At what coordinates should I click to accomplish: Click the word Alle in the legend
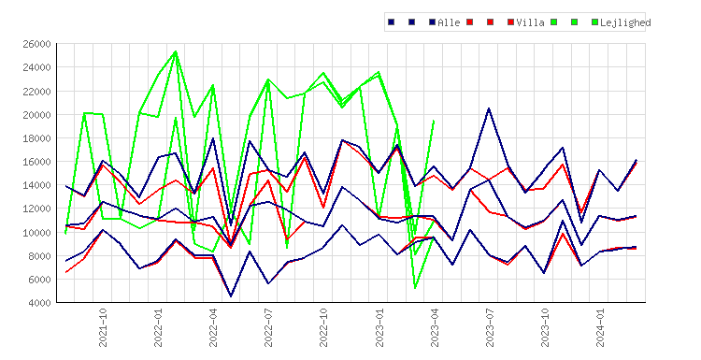tap(449, 22)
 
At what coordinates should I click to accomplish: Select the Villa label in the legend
tap(530, 22)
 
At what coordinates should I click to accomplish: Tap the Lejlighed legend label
tap(625, 22)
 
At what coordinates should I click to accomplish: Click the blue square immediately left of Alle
tap(433, 22)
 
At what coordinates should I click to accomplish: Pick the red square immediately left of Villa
tap(510, 22)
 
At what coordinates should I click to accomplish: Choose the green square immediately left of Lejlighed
tap(594, 22)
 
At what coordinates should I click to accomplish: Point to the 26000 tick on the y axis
tap(36, 44)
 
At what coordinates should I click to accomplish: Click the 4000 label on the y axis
tap(39, 303)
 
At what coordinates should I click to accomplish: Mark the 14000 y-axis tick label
tap(36, 185)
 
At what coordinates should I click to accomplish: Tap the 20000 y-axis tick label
tap(36, 114)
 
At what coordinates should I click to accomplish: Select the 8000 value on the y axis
tap(39, 256)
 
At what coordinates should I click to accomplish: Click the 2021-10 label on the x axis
tap(103, 327)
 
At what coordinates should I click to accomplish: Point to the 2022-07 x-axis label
tap(268, 327)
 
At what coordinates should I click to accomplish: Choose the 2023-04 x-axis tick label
tap(435, 327)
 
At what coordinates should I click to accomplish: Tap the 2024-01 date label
tap(600, 327)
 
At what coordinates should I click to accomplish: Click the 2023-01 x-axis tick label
tap(379, 327)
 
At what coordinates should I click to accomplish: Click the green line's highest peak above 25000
tap(176, 51)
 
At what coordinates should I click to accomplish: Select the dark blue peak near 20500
tap(489, 108)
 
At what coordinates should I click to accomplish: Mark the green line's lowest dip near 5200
tap(415, 288)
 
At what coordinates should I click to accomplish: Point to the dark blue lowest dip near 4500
tap(231, 296)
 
